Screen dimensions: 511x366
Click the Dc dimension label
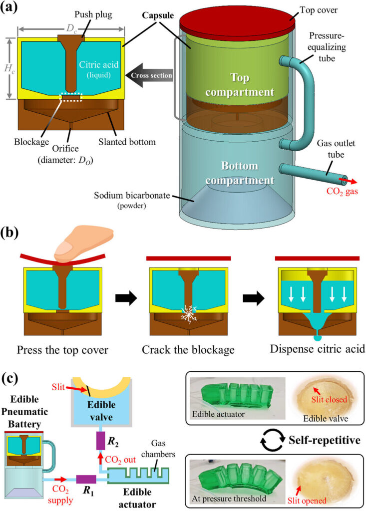71,25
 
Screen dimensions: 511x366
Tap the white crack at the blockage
72,315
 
